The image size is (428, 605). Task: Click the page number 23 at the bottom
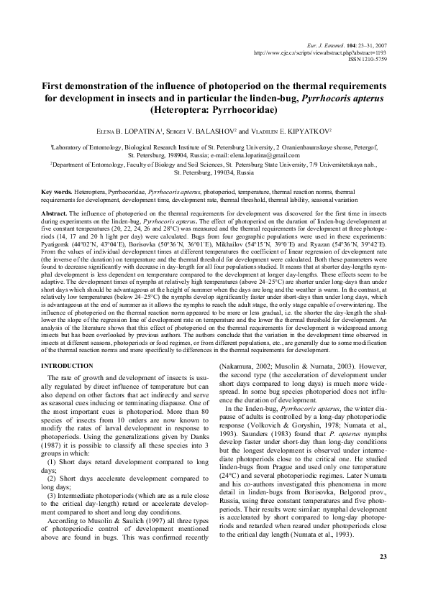point(383,557)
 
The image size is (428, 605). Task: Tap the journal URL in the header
point(326,52)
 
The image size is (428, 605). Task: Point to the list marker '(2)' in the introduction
point(52,486)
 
